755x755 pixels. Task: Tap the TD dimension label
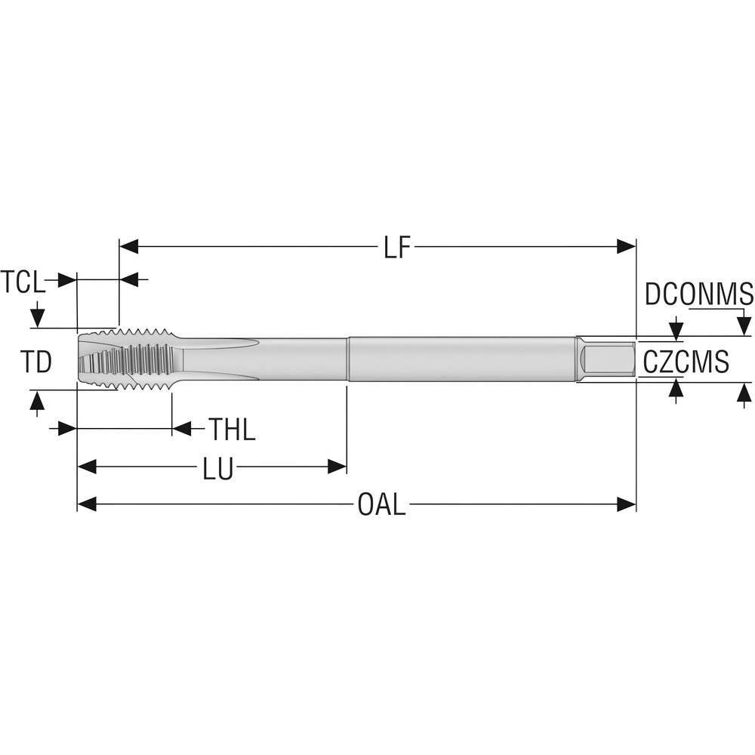[35, 362]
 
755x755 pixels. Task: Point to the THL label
[232, 430]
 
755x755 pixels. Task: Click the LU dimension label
[217, 468]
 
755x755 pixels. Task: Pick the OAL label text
[381, 505]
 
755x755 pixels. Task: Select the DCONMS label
[698, 294]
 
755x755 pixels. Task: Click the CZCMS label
[686, 362]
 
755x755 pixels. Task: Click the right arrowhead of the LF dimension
[627, 246]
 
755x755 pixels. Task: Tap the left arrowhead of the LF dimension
[129, 246]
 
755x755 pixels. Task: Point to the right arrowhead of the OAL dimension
[627, 504]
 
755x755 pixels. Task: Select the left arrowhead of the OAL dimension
[87, 504]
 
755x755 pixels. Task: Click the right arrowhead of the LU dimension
[337, 467]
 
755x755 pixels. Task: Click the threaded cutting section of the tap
[143, 359]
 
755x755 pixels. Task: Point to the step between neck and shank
[347, 359]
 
